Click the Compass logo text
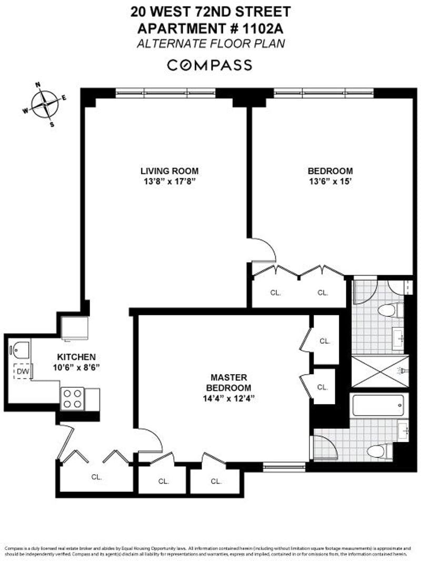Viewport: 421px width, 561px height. pos(209,65)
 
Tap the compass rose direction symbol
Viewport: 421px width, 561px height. pos(45,104)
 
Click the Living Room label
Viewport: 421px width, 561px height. pos(169,171)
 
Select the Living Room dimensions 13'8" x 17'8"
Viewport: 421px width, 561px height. pos(169,182)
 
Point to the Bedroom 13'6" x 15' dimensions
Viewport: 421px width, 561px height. pos(330,182)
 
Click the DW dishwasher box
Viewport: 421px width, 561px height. pos(22,371)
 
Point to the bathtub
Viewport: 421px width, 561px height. pos(378,406)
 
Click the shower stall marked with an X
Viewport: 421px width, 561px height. pos(379,371)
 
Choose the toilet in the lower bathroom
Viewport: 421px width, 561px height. pos(378,450)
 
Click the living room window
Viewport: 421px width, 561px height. pos(166,94)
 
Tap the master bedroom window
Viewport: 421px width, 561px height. pos(284,466)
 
